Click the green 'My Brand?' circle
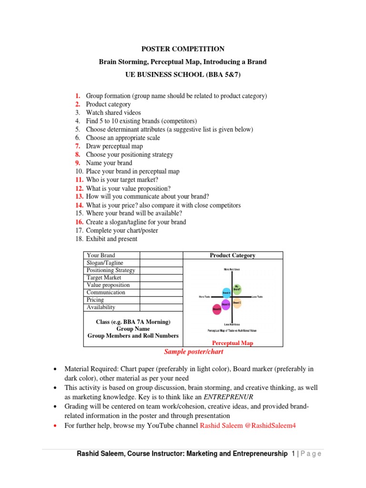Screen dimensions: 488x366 coord(237,288)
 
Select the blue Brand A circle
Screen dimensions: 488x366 coord(227,293)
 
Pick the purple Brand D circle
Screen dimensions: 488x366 coord(226,304)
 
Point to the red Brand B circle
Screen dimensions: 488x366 coord(217,310)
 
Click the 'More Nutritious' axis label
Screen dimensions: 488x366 coord(232,270)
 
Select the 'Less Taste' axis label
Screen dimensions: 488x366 coord(257,297)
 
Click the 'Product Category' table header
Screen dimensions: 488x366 coord(233,255)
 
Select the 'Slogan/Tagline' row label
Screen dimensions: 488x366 coord(105,263)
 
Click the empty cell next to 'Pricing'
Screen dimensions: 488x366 coord(161,300)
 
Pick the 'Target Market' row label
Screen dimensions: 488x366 coord(104,277)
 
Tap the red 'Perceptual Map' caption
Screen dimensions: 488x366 coord(233,343)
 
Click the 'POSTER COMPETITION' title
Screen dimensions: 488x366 coord(183,49)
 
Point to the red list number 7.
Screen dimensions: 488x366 coord(78,146)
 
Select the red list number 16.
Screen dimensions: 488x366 coord(79,222)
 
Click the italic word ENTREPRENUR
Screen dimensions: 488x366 coord(229,396)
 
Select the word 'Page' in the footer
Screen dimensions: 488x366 coord(311,454)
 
